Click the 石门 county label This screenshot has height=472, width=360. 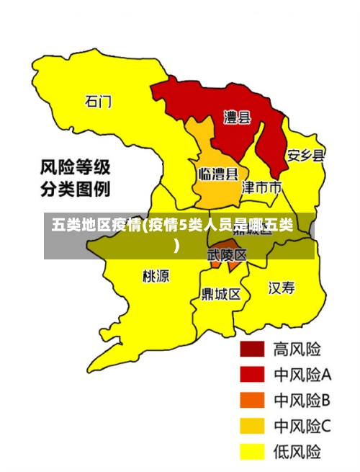coord(99,101)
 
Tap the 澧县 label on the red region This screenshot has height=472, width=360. coord(237,117)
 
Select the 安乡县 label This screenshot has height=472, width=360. coord(305,155)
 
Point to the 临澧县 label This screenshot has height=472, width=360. coord(218,174)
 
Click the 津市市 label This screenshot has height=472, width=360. coord(261,188)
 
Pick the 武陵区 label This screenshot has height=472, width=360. coord(227,255)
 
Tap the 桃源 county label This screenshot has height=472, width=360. coord(156,275)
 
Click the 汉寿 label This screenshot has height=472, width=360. coord(282,288)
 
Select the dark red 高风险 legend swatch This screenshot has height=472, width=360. coord(252,349)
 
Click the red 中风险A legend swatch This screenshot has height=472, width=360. coord(252,375)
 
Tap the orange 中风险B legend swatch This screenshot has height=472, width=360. coord(252,400)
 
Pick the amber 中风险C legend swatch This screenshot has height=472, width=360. coord(252,426)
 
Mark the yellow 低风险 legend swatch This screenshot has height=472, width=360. coord(252,452)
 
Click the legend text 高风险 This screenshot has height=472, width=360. coord(297,349)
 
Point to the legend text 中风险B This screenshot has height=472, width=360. coord(302,400)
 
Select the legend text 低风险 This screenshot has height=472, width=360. coord(297,452)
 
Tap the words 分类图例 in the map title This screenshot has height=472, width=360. coord(75,190)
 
